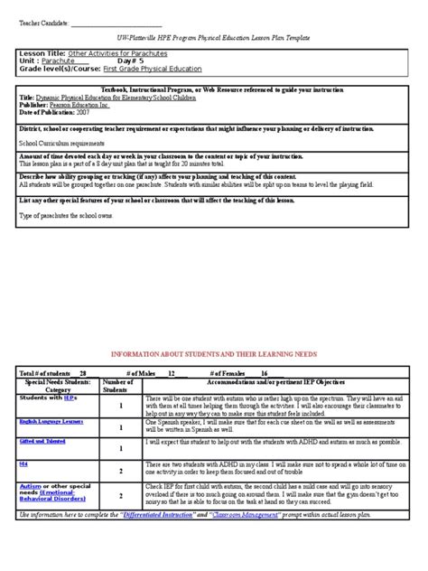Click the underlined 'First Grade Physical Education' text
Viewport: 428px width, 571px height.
click(153, 69)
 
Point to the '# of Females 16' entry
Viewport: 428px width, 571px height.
click(239, 372)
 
